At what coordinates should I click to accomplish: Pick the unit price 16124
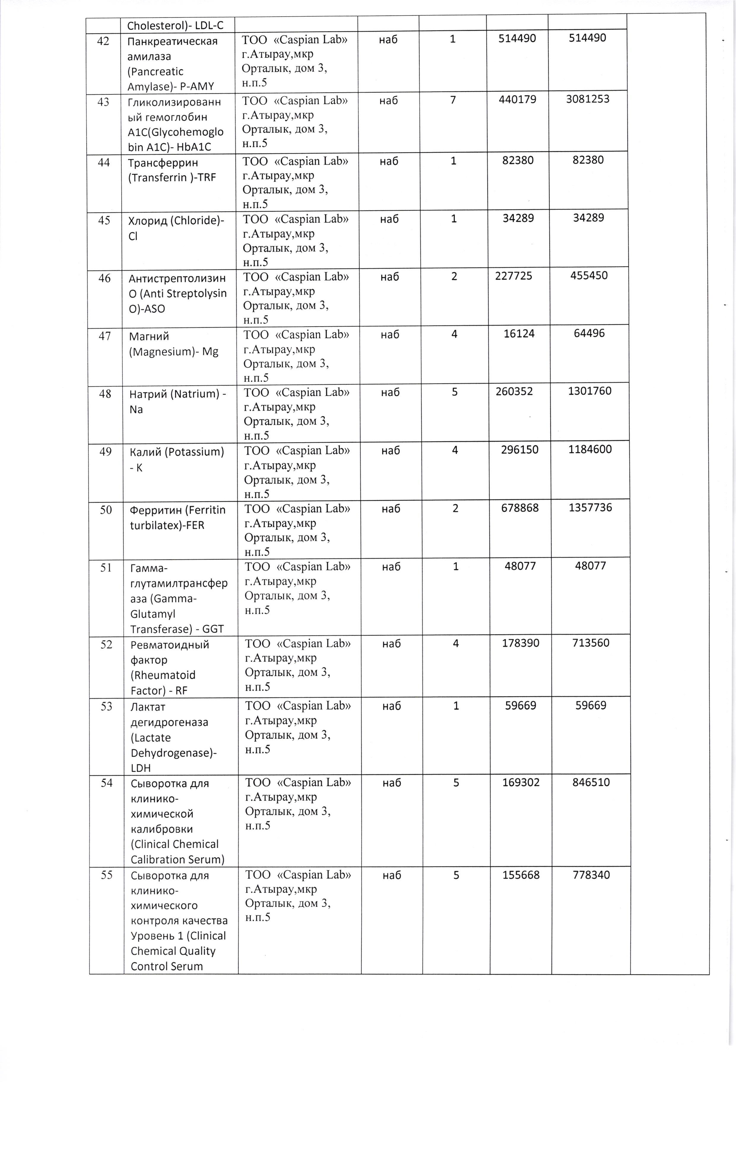click(519, 333)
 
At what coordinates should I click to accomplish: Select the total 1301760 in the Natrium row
click(589, 391)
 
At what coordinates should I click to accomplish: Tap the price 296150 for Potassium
click(518, 450)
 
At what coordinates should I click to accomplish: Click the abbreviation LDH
click(141, 768)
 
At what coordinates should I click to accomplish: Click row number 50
click(106, 509)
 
